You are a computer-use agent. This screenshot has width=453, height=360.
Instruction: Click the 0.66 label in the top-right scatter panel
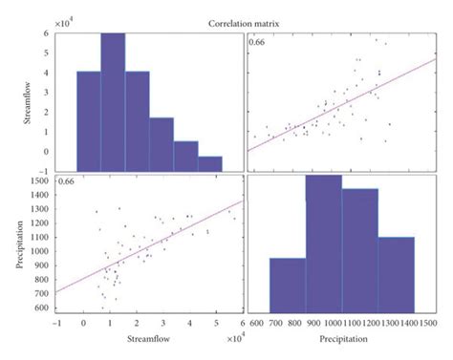pos(257,42)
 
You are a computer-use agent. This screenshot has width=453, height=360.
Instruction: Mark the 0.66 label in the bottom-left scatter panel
pos(68,181)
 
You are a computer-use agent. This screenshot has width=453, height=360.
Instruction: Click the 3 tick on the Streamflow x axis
pos(162,323)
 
